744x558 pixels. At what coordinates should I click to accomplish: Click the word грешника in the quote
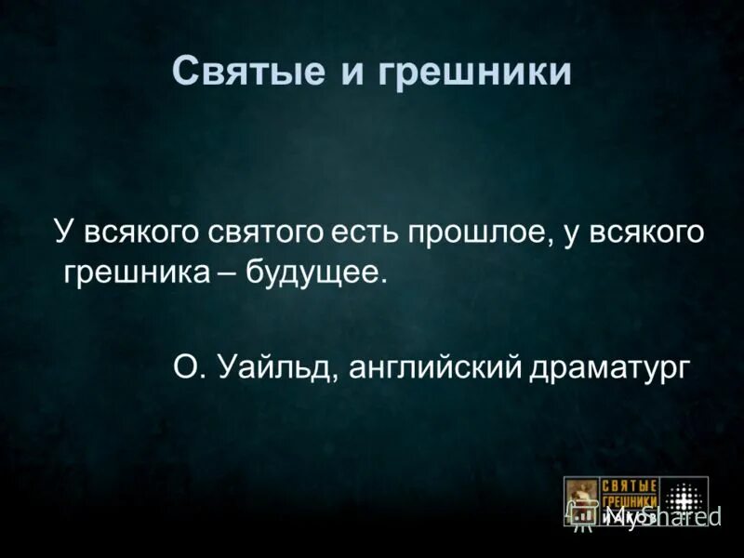point(129,274)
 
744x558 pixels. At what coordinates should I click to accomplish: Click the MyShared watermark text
point(660,515)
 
